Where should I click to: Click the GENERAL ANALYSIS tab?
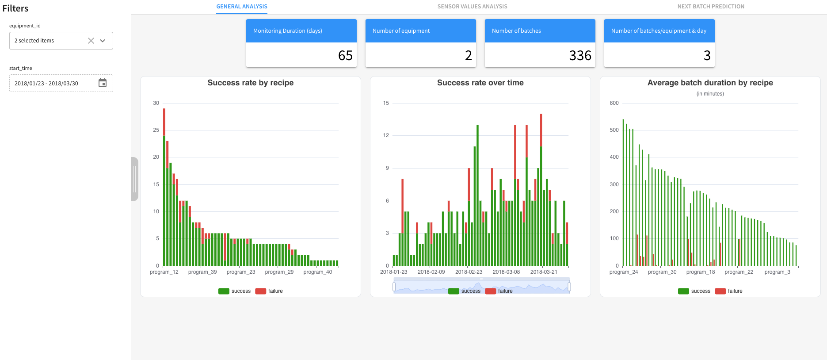(242, 7)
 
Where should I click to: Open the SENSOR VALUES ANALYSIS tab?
(472, 7)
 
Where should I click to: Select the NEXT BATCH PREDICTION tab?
(711, 7)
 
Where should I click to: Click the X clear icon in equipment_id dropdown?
(91, 41)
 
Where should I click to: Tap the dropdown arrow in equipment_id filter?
(103, 41)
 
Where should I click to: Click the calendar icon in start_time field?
(103, 83)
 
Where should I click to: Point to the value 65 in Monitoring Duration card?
(345, 55)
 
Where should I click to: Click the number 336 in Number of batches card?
(580, 55)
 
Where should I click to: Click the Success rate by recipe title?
(250, 83)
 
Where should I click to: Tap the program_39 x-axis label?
(202, 272)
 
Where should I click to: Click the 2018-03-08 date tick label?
(506, 272)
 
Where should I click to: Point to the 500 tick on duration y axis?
(614, 130)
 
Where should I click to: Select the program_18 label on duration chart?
(700, 272)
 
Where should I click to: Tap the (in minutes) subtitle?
(710, 94)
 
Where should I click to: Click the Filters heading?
(15, 8)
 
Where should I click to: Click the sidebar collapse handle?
(134, 179)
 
